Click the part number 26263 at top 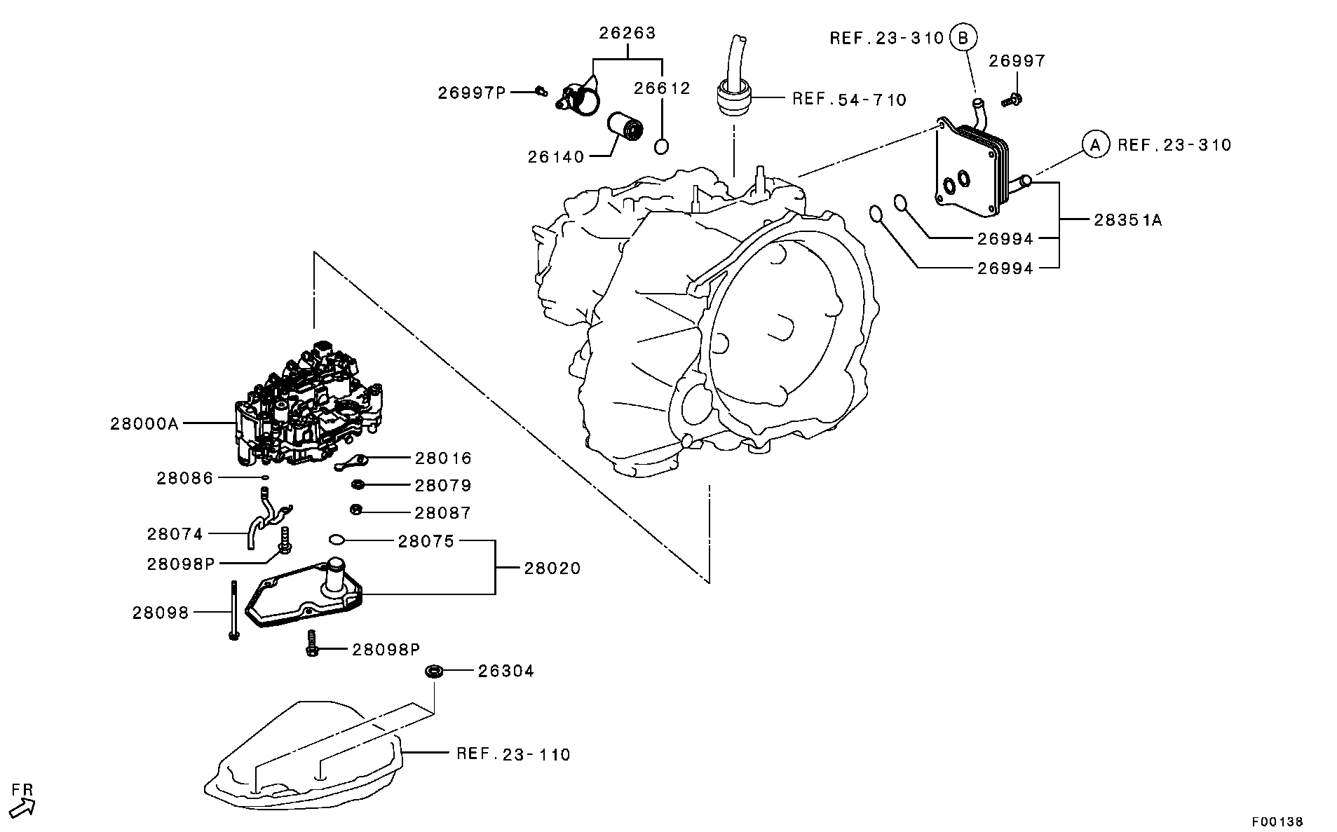[627, 33]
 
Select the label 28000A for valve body [144, 423]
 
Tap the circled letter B [963, 37]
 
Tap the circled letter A [1095, 144]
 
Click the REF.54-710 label [849, 100]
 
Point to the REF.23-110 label [513, 755]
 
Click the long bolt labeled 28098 [233, 609]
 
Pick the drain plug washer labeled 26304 [434, 671]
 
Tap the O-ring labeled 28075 [337, 540]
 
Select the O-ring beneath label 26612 [662, 147]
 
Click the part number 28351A [1127, 220]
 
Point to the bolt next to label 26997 [1013, 100]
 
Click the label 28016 [443, 458]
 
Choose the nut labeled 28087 [356, 510]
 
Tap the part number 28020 [552, 568]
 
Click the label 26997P [472, 93]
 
